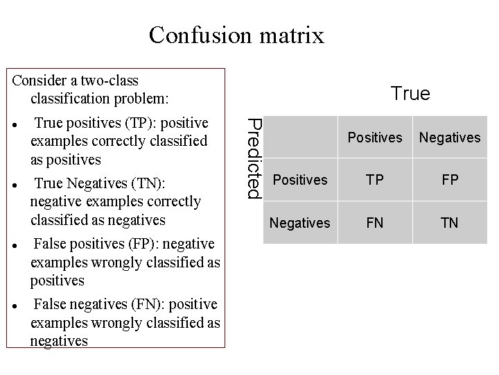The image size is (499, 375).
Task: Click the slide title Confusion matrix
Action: click(236, 34)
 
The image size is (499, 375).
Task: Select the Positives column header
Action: click(374, 137)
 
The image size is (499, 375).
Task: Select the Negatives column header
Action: click(450, 137)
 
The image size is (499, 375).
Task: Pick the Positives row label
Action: click(300, 180)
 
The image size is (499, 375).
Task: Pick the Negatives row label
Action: click(299, 223)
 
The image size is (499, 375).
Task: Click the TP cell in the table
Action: click(374, 180)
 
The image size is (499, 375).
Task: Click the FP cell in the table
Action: click(450, 180)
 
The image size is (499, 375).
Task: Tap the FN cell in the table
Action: click(374, 223)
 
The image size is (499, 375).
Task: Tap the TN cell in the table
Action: click(450, 223)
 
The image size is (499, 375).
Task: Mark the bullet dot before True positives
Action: click(15, 127)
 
